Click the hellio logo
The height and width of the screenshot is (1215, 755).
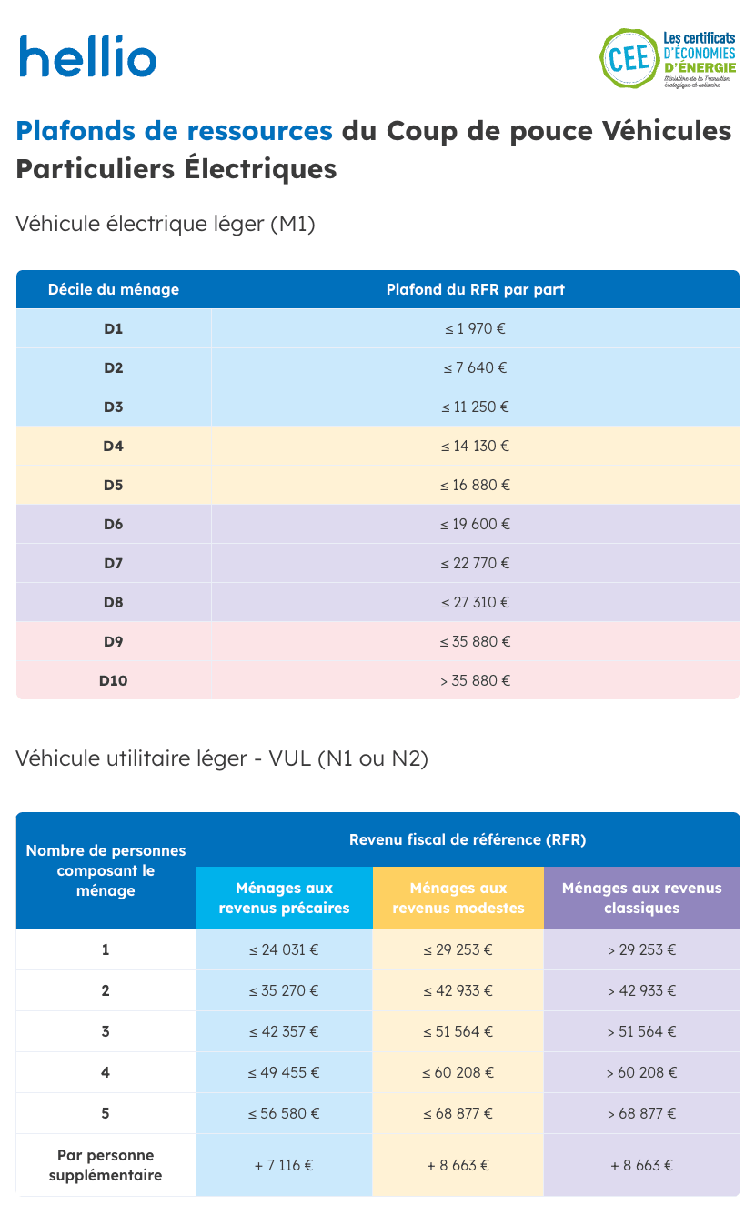click(x=88, y=56)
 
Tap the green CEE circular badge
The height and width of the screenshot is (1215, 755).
click(x=628, y=58)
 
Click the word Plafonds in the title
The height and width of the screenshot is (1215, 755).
click(x=75, y=131)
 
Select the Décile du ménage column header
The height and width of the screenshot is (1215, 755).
click(x=114, y=289)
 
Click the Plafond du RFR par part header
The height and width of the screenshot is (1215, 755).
click(x=475, y=289)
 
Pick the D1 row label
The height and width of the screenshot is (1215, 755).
click(x=114, y=328)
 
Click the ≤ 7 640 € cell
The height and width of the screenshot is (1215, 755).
click(x=475, y=367)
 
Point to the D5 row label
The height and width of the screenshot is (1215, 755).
click(x=114, y=485)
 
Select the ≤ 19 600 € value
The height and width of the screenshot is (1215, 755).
click(x=475, y=524)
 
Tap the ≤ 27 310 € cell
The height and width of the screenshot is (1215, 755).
click(x=475, y=602)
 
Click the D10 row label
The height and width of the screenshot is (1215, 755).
click(x=114, y=680)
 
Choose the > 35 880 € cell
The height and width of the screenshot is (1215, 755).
click(x=475, y=680)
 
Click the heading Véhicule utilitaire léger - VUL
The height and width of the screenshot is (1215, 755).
click(x=222, y=758)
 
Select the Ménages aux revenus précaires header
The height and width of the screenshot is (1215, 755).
click(x=284, y=898)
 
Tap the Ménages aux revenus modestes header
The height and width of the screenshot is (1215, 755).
click(x=458, y=898)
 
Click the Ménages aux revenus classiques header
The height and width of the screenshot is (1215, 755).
click(x=641, y=898)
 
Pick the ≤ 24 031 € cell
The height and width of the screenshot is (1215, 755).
click(x=284, y=949)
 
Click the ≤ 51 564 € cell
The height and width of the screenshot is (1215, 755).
click(x=458, y=1031)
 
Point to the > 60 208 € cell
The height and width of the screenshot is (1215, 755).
click(x=641, y=1072)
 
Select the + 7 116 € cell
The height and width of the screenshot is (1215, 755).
click(x=284, y=1165)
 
